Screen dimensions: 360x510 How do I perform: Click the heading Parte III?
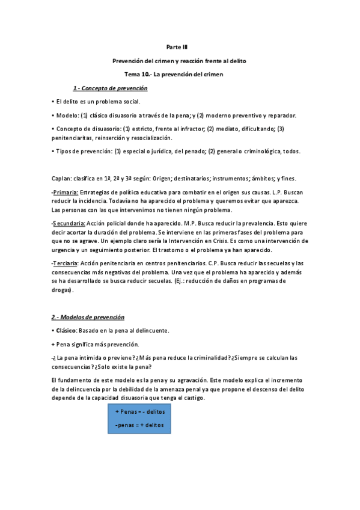(180, 46)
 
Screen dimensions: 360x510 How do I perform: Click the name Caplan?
(62, 179)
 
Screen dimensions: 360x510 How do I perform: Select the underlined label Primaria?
(66, 192)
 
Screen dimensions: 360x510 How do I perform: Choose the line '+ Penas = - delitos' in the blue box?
(140, 411)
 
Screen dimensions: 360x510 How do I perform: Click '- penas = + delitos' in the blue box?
(139, 425)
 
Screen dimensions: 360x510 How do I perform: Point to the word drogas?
(62, 289)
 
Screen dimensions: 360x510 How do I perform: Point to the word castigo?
(192, 398)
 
